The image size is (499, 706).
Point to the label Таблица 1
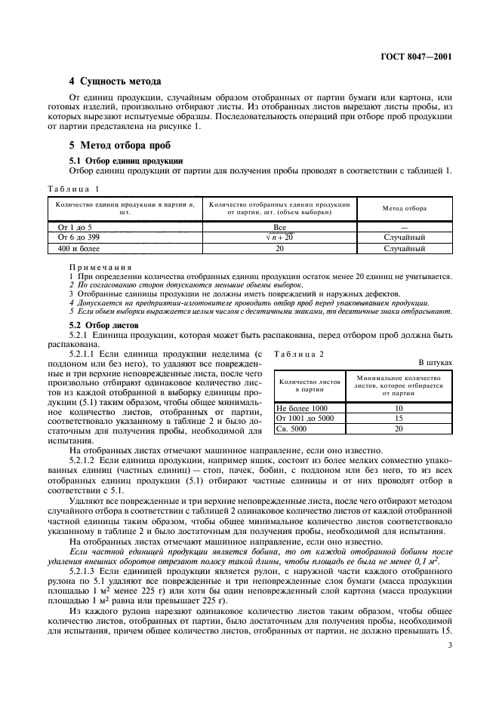coord(73,188)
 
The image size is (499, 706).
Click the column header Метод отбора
coord(404,207)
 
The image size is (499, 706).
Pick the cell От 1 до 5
coord(69,226)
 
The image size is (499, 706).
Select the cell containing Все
coord(279,226)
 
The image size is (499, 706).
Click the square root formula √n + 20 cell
coord(279,236)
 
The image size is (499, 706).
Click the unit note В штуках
coord(435,363)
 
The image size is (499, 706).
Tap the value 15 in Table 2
coord(398,418)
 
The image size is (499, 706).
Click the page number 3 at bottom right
coord(449,645)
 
